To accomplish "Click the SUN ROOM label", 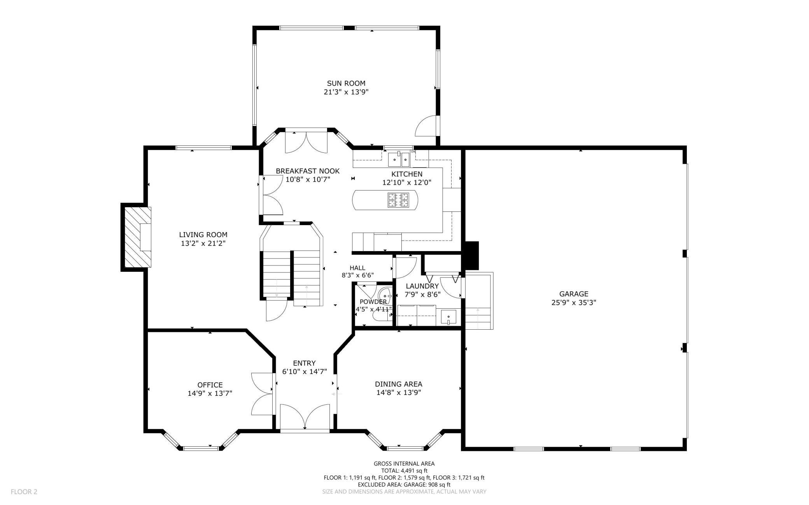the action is [346, 83].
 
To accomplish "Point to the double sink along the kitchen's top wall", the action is [399, 159].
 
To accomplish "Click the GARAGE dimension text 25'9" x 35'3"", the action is [574, 303].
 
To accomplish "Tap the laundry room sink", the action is [448, 317].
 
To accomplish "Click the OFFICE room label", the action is [210, 385].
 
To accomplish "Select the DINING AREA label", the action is [399, 384].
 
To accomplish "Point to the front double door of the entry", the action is [305, 418].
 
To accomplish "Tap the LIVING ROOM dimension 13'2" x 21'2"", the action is [203, 243].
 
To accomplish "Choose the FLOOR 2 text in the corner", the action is [24, 492].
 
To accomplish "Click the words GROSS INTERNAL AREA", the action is [404, 463].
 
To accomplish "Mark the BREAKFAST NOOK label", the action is [308, 171].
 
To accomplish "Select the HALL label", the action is [357, 268].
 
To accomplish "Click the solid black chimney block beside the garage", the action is [472, 255].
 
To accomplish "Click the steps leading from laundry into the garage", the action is [479, 301].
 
